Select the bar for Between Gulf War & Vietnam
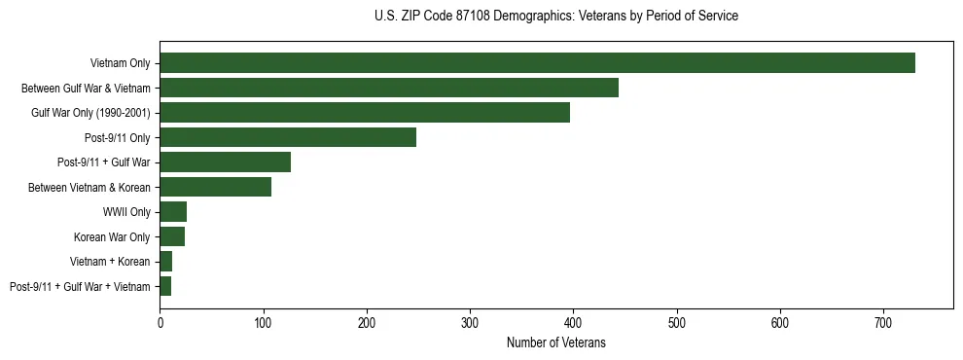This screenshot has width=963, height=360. pos(389,88)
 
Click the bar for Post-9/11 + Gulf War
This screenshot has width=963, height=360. pos(225,162)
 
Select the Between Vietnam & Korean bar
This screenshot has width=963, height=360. pos(215,187)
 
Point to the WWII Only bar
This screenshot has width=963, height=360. pos(173,212)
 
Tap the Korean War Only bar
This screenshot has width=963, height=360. pos(172,236)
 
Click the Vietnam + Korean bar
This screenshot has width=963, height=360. pos(166,262)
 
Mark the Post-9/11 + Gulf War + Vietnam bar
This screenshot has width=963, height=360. pos(165,286)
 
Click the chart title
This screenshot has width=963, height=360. pos(555,17)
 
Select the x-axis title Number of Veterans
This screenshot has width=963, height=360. pos(555,342)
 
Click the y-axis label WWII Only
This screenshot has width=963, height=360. pos(126,212)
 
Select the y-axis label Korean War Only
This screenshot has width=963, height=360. pos(112,236)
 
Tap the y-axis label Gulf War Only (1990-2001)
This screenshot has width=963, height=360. pos(90,113)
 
